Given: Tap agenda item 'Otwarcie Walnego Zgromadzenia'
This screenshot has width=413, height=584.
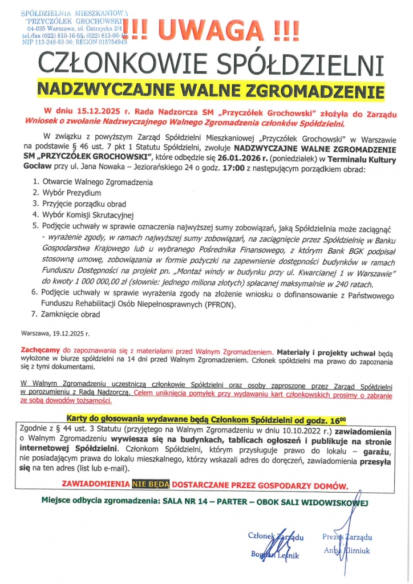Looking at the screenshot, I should (x=97, y=182).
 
